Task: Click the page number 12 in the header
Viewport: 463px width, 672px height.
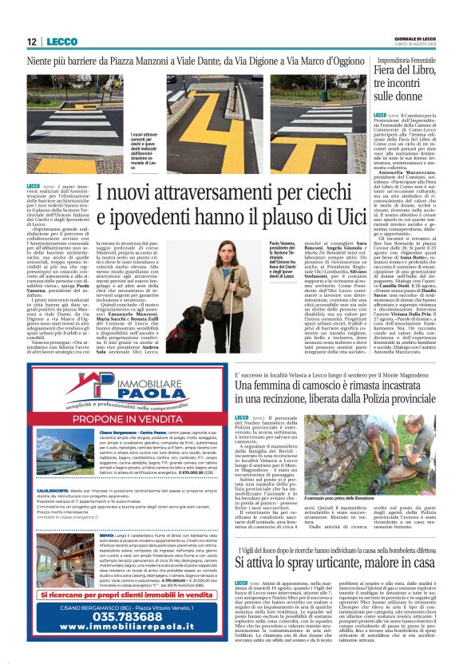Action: [x=31, y=41]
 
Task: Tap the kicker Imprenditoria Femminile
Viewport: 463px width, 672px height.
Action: [x=406, y=61]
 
